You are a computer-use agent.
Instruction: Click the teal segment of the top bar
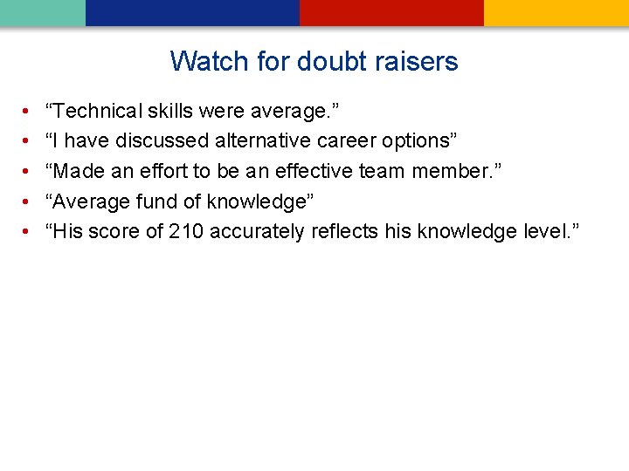pos(42,12)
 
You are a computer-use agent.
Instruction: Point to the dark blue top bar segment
pos(192,12)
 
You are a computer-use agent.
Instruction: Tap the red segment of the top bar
pos(391,12)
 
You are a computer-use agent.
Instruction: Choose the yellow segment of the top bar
pos(556,12)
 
